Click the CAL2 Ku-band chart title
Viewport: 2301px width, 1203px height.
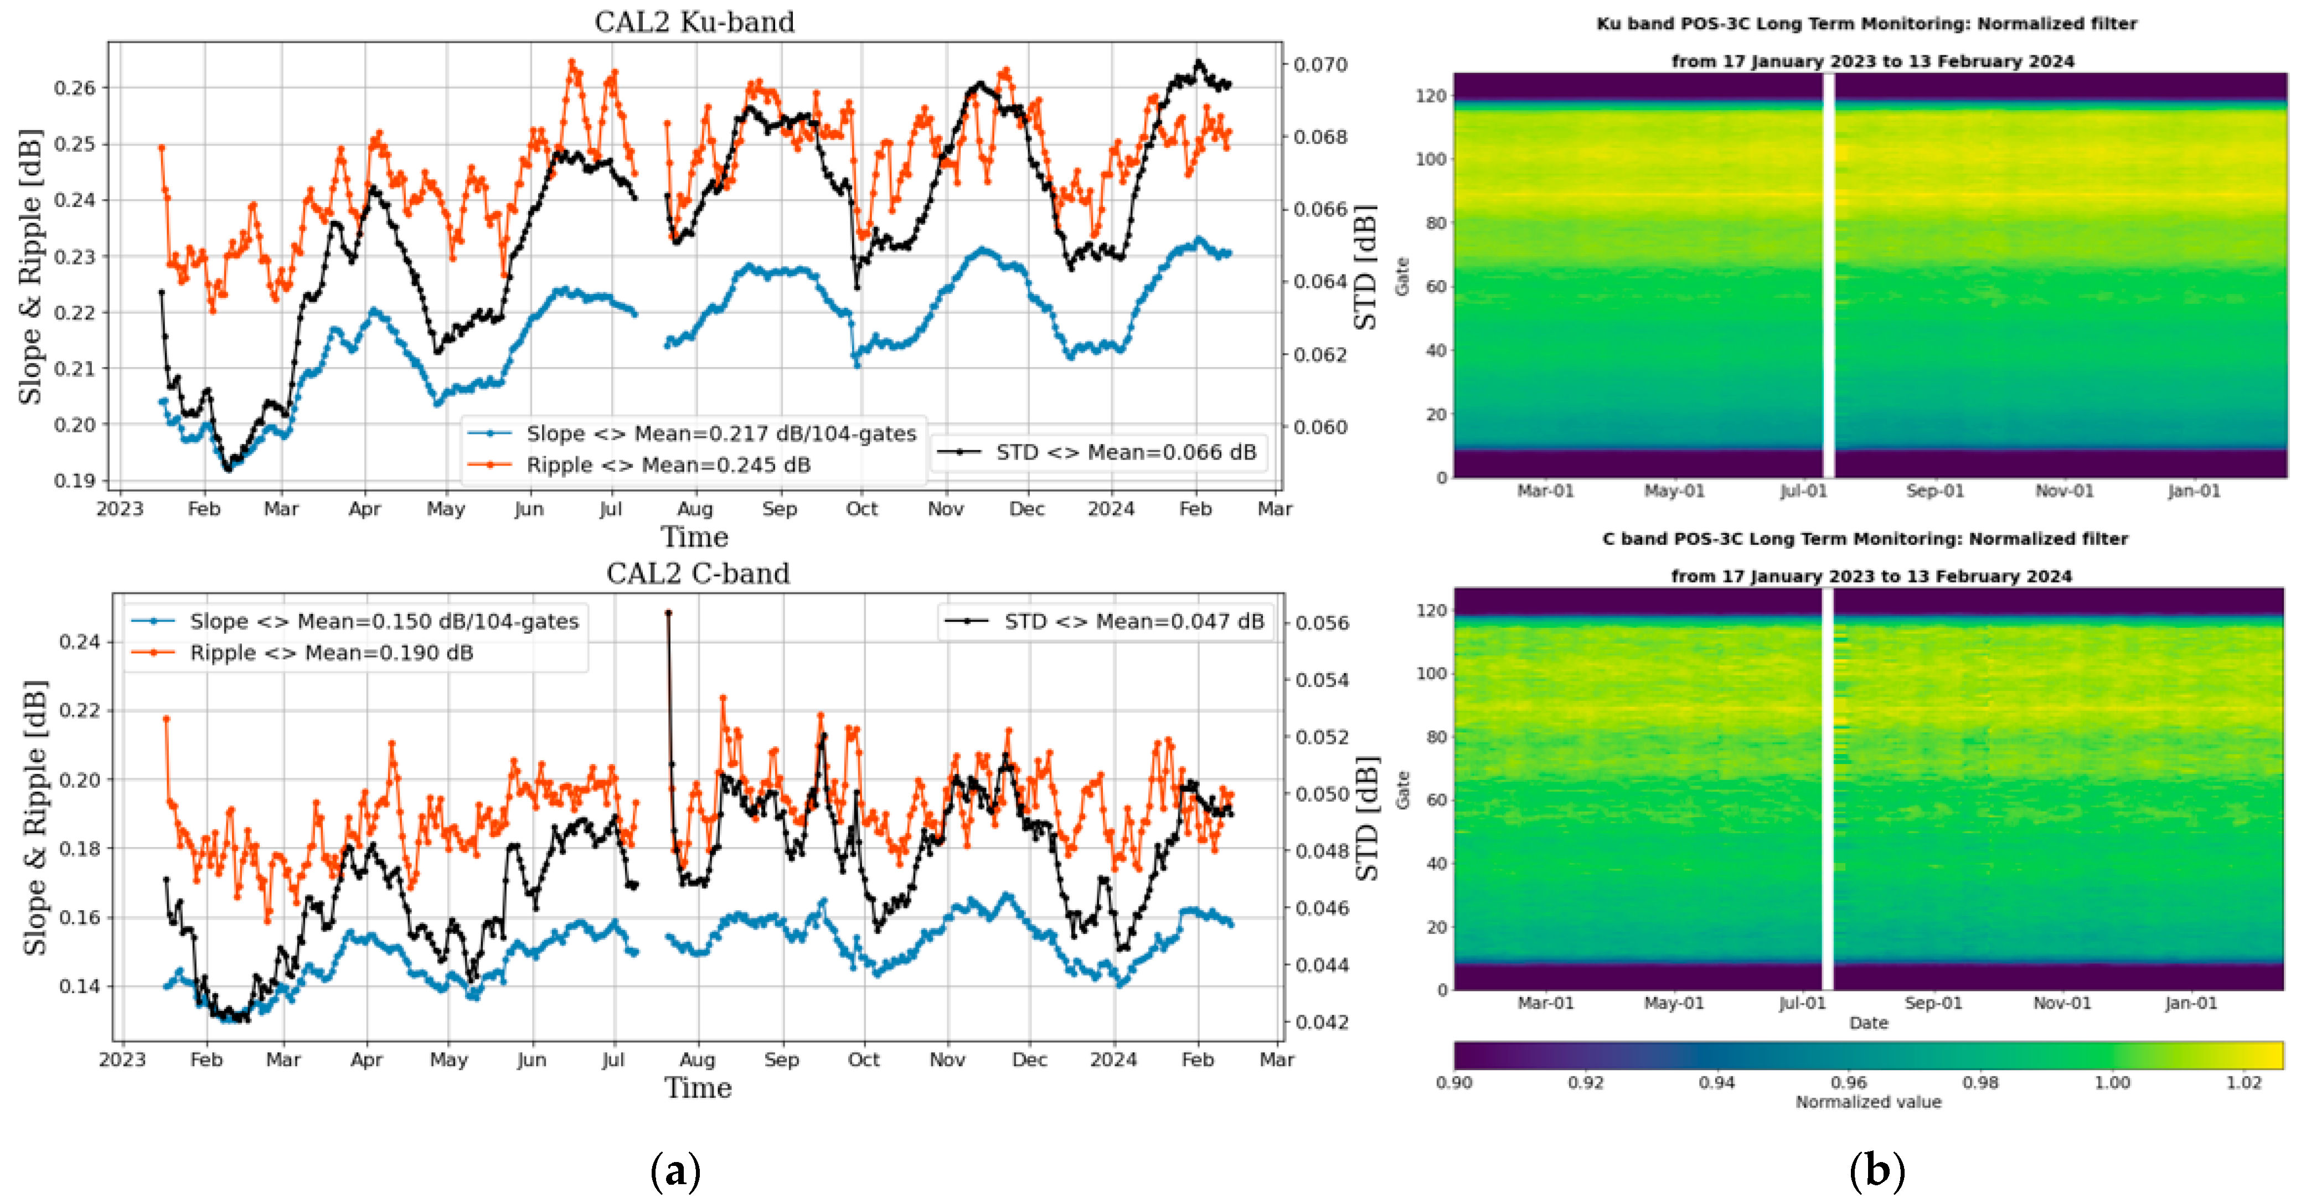click(694, 22)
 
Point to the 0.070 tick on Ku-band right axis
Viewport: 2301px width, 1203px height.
click(1320, 64)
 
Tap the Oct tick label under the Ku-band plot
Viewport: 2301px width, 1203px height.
click(862, 509)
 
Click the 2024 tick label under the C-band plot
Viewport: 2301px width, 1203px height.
click(1113, 1060)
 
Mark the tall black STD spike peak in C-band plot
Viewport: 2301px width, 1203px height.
click(668, 613)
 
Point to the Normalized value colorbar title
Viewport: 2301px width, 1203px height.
click(1868, 1102)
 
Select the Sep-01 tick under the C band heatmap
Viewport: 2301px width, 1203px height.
click(1933, 1003)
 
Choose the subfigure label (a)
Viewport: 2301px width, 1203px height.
click(675, 1170)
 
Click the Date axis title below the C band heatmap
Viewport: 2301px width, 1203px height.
click(1868, 1023)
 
